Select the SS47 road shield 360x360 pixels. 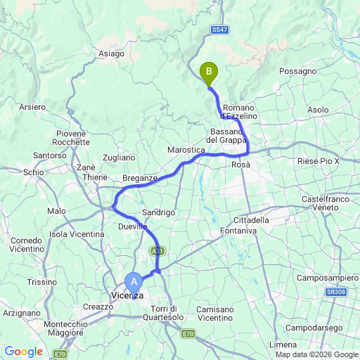pyautogui.click(x=219, y=30)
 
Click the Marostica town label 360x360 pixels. pyautogui.click(x=186, y=150)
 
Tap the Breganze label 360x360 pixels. pyautogui.click(x=140, y=179)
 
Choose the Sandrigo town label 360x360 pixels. pyautogui.click(x=158, y=212)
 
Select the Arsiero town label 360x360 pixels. pyautogui.click(x=33, y=107)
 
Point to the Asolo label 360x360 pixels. pyautogui.click(x=318, y=110)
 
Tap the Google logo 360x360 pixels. pyautogui.click(x=23, y=352)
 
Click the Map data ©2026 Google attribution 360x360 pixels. pyautogui.click(x=316, y=355)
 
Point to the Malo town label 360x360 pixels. pyautogui.click(x=56, y=211)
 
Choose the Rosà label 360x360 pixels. pyautogui.click(x=240, y=164)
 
